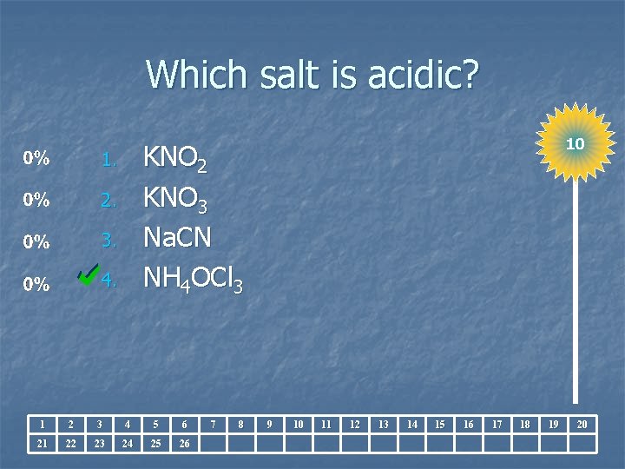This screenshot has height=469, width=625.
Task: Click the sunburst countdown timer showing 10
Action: click(575, 142)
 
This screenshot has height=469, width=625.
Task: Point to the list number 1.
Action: click(108, 160)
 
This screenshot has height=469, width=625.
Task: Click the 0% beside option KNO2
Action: click(36, 160)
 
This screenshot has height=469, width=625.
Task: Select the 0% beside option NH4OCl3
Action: click(36, 284)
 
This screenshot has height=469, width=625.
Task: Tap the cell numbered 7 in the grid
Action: click(214, 424)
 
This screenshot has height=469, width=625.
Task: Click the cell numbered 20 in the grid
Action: click(582, 424)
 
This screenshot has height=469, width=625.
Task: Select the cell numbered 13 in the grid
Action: click(383, 424)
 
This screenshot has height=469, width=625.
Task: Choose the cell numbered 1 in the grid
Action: click(43, 424)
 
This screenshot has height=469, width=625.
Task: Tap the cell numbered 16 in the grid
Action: click(468, 424)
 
